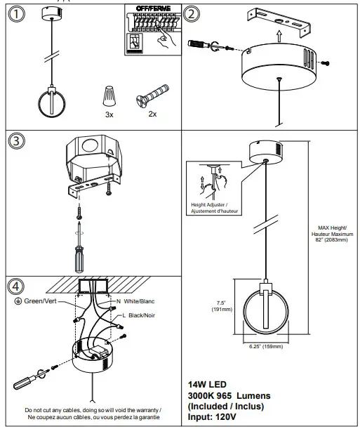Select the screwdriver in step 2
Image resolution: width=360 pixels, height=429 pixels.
[x=204, y=44]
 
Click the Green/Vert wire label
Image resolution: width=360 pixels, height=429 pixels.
[x=41, y=301]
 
